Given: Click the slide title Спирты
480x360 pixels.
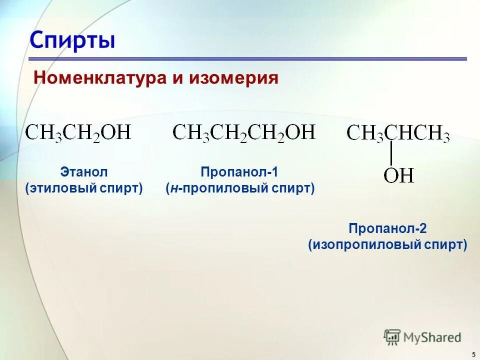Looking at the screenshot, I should point(72,39).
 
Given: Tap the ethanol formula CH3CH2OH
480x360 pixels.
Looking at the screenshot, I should point(78,132).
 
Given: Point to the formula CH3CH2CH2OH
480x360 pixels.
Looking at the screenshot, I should point(244,132).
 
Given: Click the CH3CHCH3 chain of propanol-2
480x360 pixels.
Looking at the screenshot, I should point(398,133).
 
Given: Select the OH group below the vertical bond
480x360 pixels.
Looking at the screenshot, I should point(398,175).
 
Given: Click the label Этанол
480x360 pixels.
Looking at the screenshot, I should point(84,172).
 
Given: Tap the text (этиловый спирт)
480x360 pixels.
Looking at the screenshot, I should point(84,188).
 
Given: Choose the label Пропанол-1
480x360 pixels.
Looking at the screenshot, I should point(239,172).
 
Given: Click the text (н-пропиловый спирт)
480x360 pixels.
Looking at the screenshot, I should point(240,188).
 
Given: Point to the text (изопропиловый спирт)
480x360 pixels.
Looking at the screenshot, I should point(387,245).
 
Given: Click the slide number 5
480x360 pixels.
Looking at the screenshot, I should point(473,354).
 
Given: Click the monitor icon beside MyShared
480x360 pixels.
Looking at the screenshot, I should point(392,337).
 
